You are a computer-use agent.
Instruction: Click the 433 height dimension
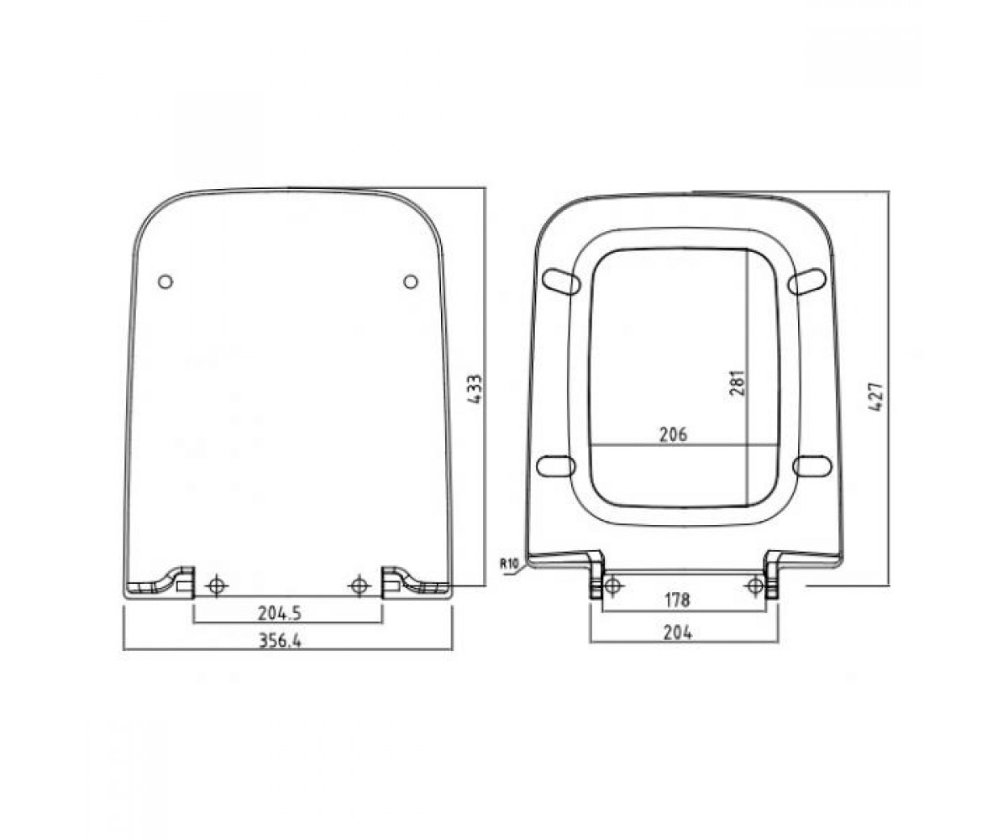point(475,389)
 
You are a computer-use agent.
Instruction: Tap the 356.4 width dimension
point(280,641)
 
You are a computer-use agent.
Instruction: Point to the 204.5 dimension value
point(279,613)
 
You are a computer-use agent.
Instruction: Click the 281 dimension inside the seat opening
point(738,383)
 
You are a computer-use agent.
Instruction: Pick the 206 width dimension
point(674,435)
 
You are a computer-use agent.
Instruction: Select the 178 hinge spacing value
point(677,601)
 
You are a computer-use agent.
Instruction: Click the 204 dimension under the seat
point(678,632)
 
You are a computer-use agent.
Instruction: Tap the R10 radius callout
point(509,563)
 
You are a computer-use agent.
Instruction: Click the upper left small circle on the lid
point(165,281)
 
